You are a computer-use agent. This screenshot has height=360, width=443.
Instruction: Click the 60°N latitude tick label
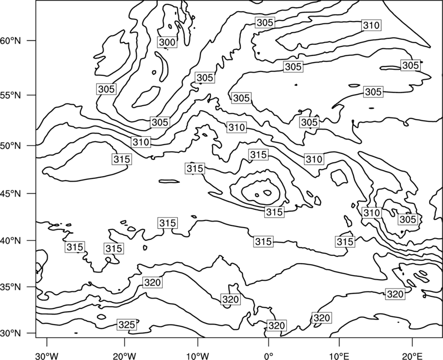[x=11, y=40]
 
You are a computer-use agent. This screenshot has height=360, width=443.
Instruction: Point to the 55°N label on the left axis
[x=11, y=95]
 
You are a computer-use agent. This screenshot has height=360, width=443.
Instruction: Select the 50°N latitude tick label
[x=11, y=146]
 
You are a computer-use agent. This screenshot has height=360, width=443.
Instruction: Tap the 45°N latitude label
[x=11, y=193]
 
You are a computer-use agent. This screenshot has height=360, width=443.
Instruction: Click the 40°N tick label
[x=11, y=241]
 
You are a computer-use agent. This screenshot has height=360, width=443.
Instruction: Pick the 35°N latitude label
[x=11, y=287]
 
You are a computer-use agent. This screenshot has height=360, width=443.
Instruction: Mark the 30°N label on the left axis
[x=11, y=333]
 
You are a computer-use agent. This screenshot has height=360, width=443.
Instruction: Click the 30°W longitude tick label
[x=47, y=356]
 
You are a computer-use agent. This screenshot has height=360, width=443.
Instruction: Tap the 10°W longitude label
[x=198, y=356]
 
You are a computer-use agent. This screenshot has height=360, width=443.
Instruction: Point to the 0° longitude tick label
[x=269, y=356]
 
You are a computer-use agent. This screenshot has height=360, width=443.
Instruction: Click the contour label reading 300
[x=167, y=43]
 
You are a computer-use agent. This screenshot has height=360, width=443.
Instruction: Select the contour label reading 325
[x=127, y=325]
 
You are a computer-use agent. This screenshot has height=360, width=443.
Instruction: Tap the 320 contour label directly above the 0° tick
[x=276, y=326]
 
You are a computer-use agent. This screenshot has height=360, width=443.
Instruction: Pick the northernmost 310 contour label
[x=371, y=25]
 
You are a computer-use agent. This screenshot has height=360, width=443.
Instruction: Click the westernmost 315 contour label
[x=75, y=247]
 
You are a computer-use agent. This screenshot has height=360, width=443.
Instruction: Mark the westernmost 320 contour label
[x=153, y=282]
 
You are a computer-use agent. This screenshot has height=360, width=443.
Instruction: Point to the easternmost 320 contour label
[x=395, y=294]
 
